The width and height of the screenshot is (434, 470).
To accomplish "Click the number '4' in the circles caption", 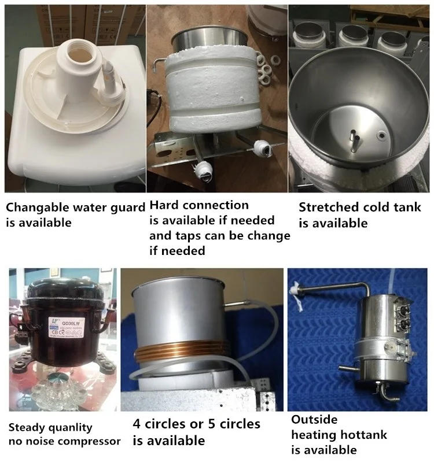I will click(x=137, y=424).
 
